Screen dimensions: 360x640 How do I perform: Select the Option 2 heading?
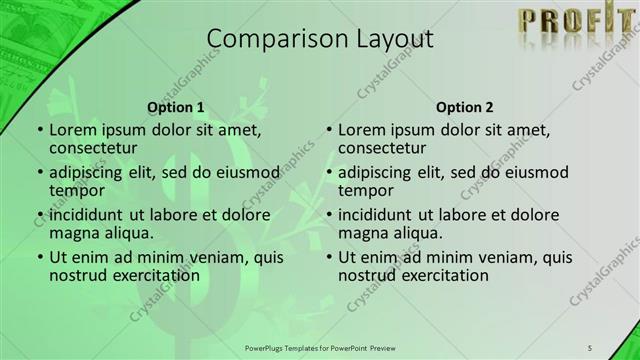pyautogui.click(x=464, y=106)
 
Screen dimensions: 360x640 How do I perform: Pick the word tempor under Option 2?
pyautogui.click(x=365, y=190)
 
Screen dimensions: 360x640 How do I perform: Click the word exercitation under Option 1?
pyautogui.click(x=149, y=275)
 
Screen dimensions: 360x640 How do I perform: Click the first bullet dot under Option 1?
pyautogui.click(x=39, y=130)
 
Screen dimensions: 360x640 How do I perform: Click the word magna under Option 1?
pyautogui.click(x=73, y=233)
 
